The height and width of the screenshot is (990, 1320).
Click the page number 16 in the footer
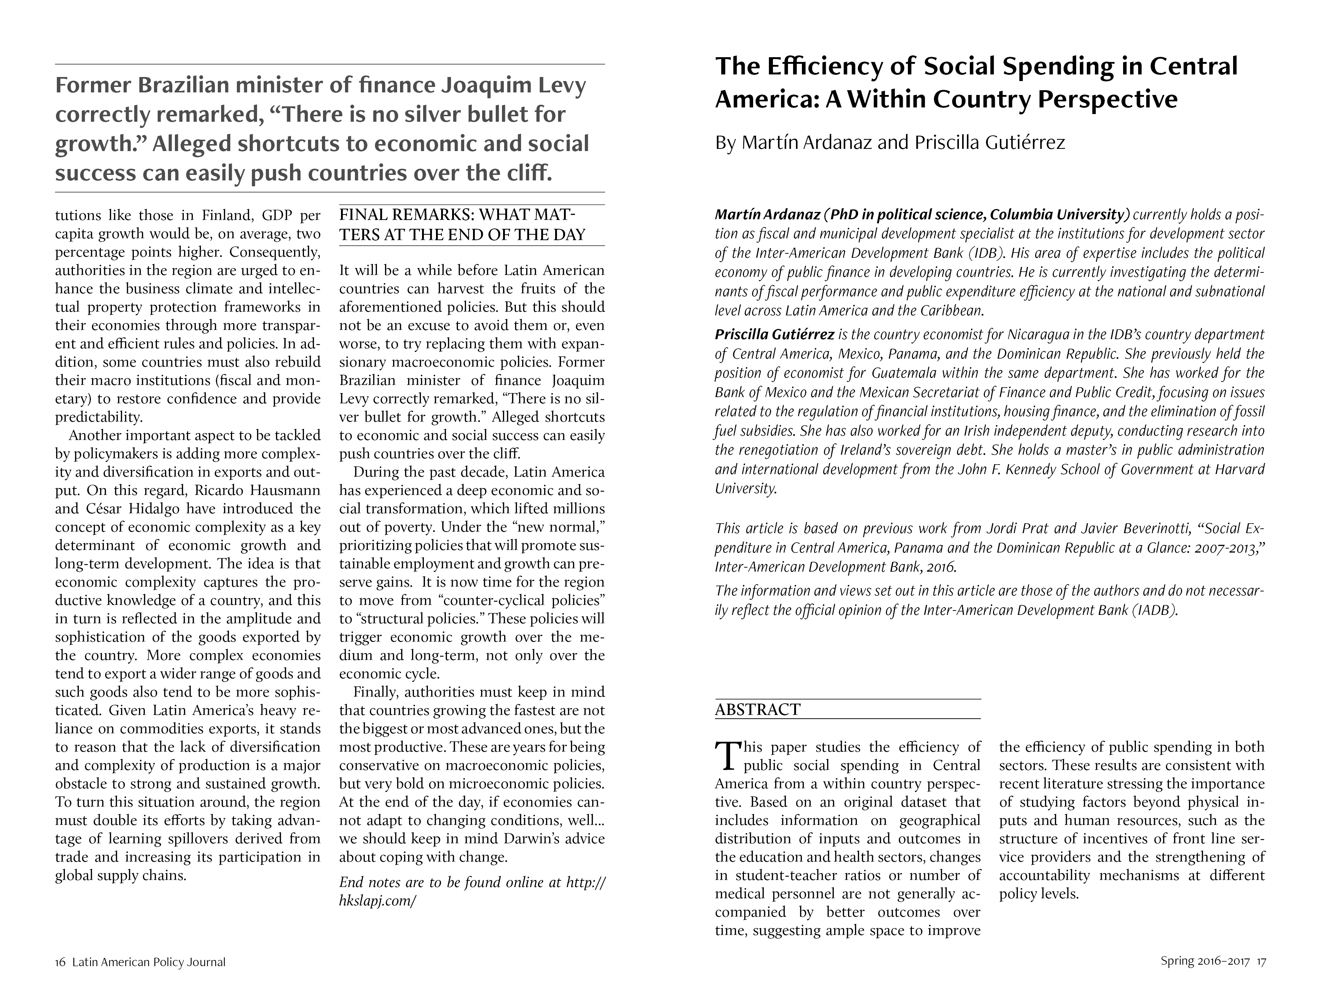60,962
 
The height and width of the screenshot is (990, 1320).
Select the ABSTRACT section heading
757,709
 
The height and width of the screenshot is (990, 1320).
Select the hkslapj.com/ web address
377,901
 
